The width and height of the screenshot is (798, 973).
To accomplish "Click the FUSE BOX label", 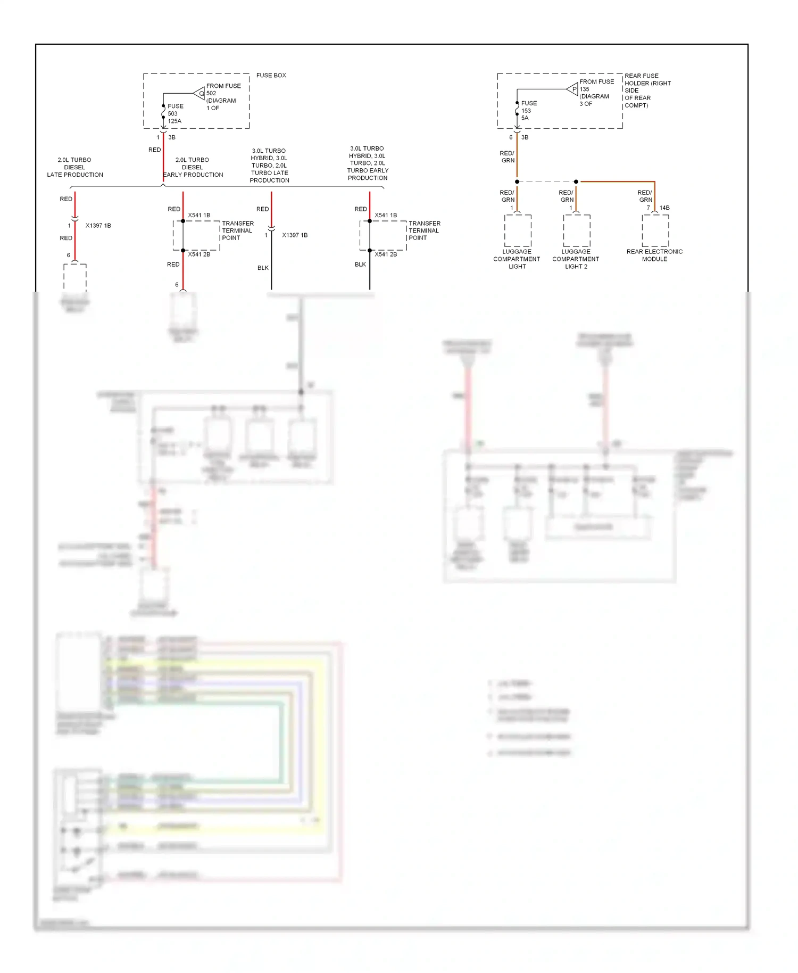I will (271, 76).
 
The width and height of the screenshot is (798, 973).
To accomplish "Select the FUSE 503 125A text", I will (175, 113).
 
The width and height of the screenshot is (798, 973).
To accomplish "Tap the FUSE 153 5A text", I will (528, 110).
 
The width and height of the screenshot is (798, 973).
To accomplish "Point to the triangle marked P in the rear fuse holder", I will (573, 89).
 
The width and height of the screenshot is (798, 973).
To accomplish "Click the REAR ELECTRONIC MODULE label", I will (654, 255).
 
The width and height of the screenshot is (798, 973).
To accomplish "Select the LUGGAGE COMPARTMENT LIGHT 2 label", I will (576, 259).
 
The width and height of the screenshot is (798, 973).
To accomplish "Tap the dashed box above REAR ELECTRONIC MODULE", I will (655, 230).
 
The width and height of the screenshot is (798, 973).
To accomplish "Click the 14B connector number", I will (664, 208).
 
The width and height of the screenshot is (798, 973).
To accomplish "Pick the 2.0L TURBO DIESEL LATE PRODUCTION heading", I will (74, 167).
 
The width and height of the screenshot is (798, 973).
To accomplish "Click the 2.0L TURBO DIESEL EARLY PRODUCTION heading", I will (193, 167).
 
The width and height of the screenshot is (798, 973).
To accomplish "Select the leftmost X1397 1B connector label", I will (98, 226).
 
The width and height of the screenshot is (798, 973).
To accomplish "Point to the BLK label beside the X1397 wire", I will (263, 268).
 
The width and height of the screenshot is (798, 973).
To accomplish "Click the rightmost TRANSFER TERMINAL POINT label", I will (424, 230).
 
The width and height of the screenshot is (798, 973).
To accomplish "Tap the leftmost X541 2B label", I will (199, 254).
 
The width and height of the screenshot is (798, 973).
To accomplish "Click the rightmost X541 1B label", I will (386, 216).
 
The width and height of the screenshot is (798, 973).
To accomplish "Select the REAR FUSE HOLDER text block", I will (647, 90).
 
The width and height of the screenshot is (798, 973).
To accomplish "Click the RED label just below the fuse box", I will (154, 150).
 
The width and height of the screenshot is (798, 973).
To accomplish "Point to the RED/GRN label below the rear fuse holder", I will (507, 156).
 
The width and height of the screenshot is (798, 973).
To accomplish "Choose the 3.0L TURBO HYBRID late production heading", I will (269, 166).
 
